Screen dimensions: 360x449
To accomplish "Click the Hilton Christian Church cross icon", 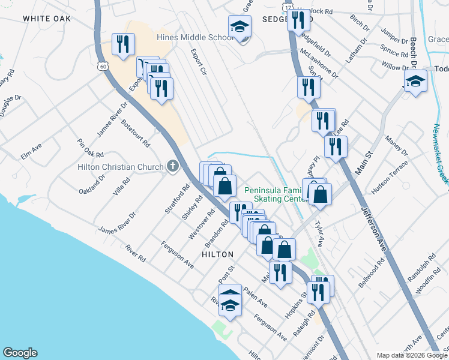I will (x=173, y=166).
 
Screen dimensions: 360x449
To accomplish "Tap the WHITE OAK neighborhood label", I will (x=47, y=19).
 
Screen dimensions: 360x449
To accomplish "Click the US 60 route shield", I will (x=104, y=67).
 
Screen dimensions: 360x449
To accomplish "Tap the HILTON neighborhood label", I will (x=217, y=254).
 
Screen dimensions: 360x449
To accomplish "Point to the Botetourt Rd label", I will (x=134, y=133).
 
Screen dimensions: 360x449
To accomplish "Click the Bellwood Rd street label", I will (x=373, y=274).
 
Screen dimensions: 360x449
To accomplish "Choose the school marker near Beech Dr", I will (x=415, y=82).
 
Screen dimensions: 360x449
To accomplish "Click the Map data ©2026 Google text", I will (x=411, y=355).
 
